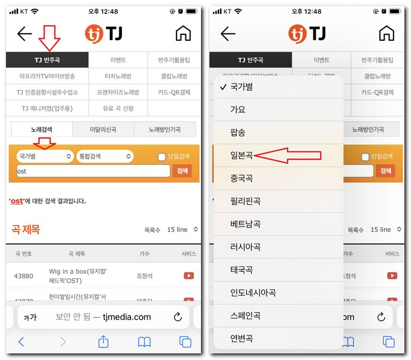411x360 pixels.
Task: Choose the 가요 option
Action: [x=238, y=110]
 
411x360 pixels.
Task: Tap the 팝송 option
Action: [x=238, y=133]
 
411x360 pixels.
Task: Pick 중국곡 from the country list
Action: [x=241, y=178]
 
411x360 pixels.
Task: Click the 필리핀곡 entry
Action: [x=245, y=201]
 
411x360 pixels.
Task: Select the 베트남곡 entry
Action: [x=245, y=224]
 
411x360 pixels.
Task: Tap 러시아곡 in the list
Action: [x=245, y=247]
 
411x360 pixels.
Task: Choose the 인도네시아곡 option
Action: [x=253, y=293]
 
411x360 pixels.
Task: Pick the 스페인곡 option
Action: [x=245, y=316]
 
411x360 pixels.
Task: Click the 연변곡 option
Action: [x=241, y=338]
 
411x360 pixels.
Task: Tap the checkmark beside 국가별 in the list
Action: [x=223, y=87]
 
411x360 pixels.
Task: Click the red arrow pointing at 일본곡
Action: [x=288, y=156]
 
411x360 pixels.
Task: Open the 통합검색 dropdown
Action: [x=104, y=156]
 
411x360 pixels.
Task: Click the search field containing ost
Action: [x=93, y=171]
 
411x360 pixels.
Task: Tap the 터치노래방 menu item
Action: [x=118, y=76]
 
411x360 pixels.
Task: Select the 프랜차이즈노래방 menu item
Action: [x=118, y=92]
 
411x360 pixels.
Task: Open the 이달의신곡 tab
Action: [x=102, y=130]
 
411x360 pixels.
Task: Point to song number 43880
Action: [x=23, y=276]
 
